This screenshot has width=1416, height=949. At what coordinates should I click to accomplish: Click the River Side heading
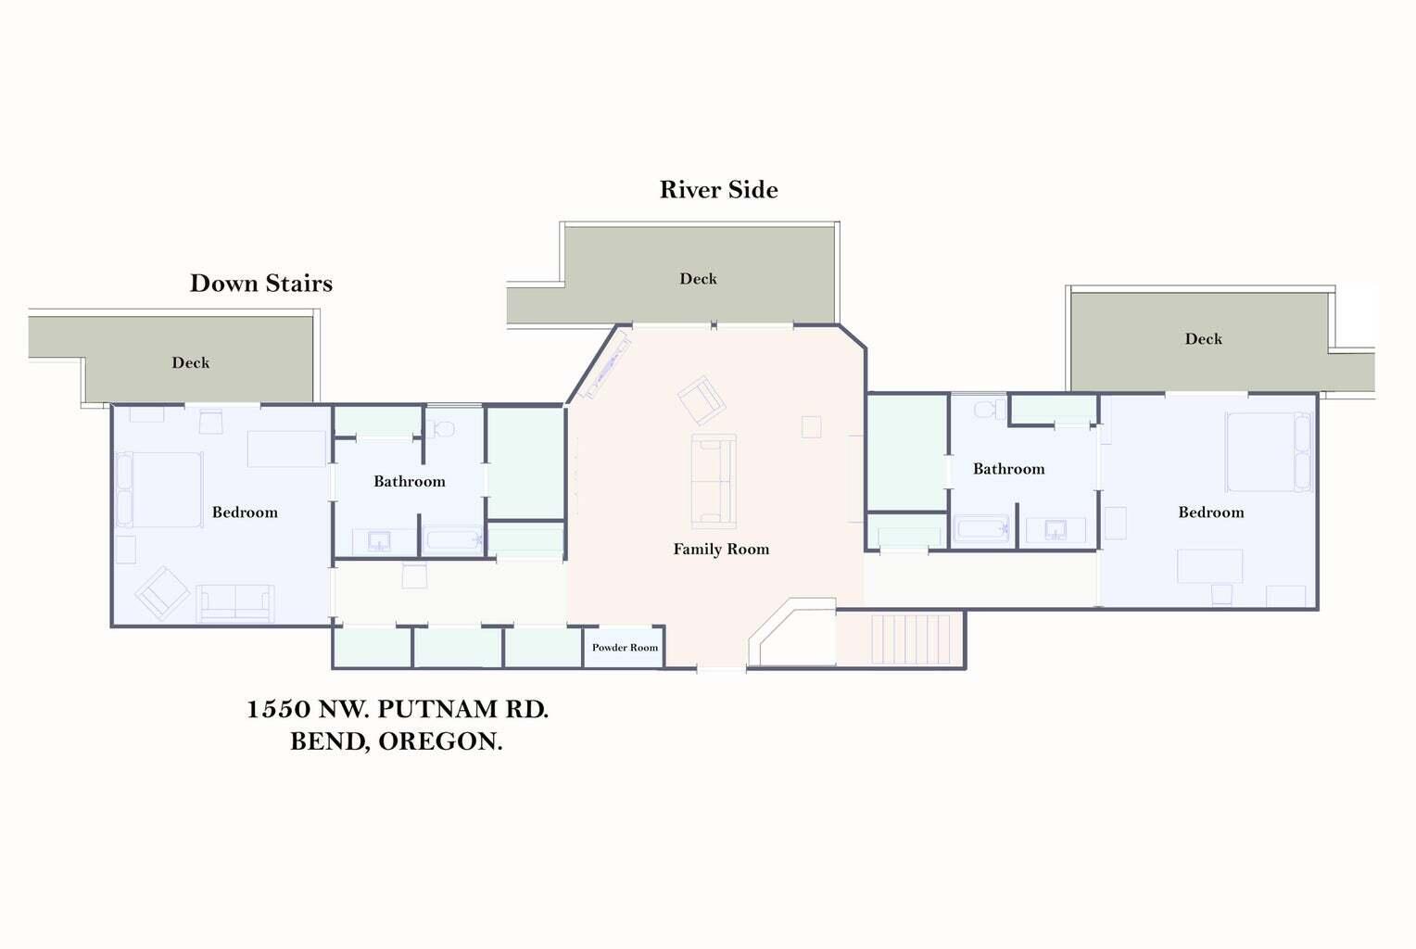718,190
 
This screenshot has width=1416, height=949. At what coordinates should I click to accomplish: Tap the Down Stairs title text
260,284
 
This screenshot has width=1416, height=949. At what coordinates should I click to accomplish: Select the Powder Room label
625,648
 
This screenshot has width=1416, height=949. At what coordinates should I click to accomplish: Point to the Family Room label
721,550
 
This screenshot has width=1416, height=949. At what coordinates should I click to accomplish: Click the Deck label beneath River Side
698,279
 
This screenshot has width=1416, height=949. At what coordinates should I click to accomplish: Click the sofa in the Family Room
714,481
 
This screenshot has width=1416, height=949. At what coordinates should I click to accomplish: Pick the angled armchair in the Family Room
702,399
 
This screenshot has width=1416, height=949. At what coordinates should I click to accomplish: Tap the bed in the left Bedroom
159,489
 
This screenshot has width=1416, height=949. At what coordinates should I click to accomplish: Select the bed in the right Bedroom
1268,452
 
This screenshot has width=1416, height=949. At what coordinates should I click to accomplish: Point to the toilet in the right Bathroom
989,409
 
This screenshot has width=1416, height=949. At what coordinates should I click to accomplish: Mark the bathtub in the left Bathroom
452,539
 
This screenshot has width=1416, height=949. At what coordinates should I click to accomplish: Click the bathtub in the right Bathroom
982,530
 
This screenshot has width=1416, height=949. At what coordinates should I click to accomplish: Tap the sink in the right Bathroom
1056,530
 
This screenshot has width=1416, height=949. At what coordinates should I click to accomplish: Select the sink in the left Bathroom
379,540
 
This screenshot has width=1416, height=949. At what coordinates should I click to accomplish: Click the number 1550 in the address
278,710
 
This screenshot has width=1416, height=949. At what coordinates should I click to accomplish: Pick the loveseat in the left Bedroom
235,603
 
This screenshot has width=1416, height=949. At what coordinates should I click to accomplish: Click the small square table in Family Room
811,426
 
